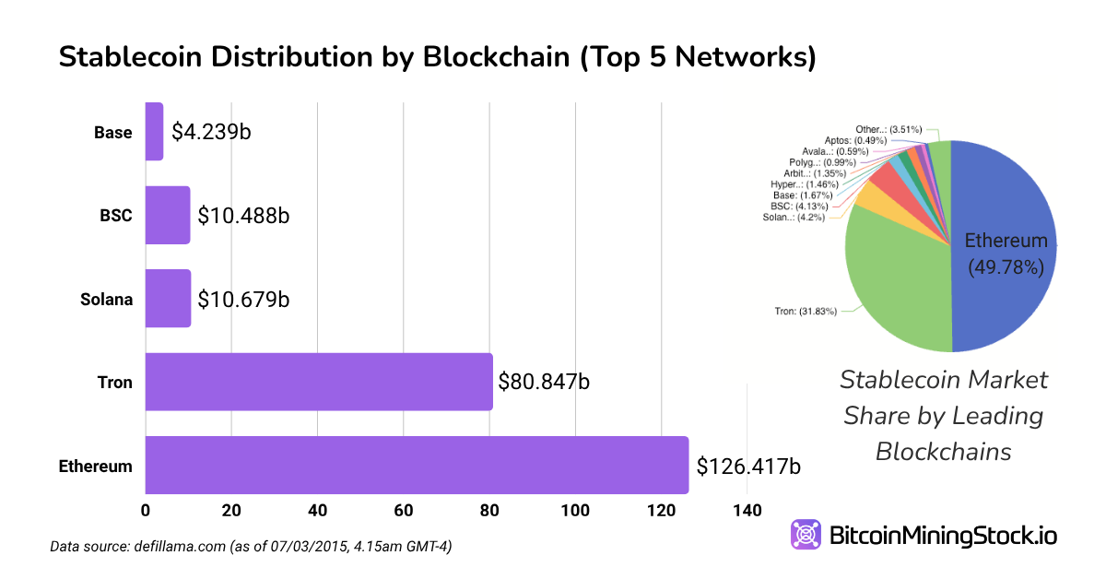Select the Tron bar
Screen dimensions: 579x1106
pyautogui.click(x=319, y=381)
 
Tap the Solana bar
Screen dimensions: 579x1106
pyautogui.click(x=168, y=298)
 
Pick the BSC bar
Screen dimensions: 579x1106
pyautogui.click(x=168, y=215)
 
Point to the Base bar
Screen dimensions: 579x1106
pyautogui.click(x=154, y=131)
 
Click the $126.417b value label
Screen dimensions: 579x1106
pyautogui.click(x=748, y=466)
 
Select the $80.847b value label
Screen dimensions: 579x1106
pyautogui.click(x=544, y=381)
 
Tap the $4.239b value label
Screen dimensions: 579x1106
pyautogui.click(x=211, y=132)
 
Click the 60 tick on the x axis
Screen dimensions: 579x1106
pyautogui.click(x=404, y=511)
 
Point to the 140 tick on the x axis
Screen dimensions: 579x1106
pyautogui.click(x=747, y=511)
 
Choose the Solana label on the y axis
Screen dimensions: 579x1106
pyautogui.click(x=105, y=300)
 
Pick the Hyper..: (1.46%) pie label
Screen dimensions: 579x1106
pyautogui.click(x=805, y=184)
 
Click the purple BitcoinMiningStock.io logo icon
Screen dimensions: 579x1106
pyautogui.click(x=806, y=535)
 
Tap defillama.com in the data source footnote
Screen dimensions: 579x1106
pyautogui.click(x=174, y=547)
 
